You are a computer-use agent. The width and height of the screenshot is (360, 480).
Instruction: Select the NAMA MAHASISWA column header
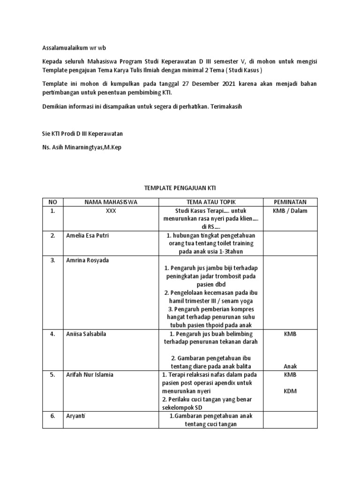click(x=111, y=202)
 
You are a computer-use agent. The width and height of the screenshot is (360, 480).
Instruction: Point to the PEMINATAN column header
click(x=290, y=202)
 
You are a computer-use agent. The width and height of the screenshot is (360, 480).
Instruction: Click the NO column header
click(x=52, y=202)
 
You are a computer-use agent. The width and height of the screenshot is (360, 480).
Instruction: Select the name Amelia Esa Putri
click(x=87, y=235)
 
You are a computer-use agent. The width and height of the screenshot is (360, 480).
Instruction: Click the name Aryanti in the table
click(x=77, y=416)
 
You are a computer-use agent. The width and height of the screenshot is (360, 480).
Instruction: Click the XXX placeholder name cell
click(x=111, y=211)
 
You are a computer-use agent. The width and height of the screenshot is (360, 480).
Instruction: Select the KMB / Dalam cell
click(x=290, y=211)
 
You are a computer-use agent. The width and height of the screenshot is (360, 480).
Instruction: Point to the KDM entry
click(x=290, y=391)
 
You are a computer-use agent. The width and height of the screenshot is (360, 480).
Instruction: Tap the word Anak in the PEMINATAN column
click(x=290, y=367)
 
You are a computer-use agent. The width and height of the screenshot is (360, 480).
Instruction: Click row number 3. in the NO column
click(x=52, y=260)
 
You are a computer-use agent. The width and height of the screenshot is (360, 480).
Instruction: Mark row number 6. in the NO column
click(x=52, y=416)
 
